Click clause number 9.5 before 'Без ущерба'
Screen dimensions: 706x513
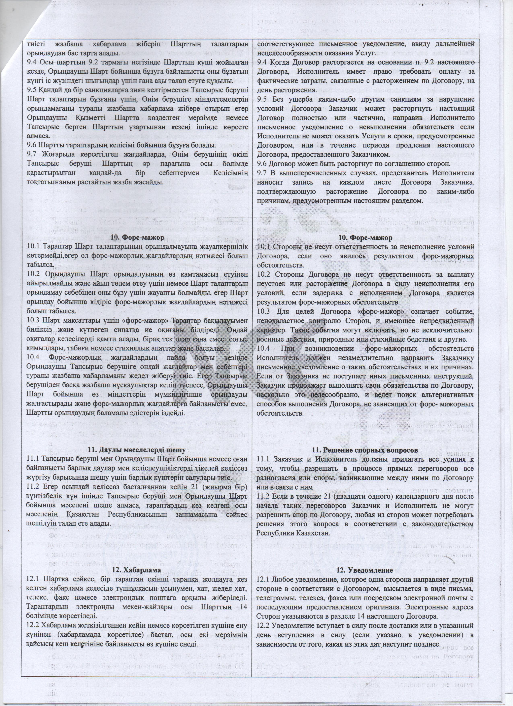(x=262, y=100)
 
